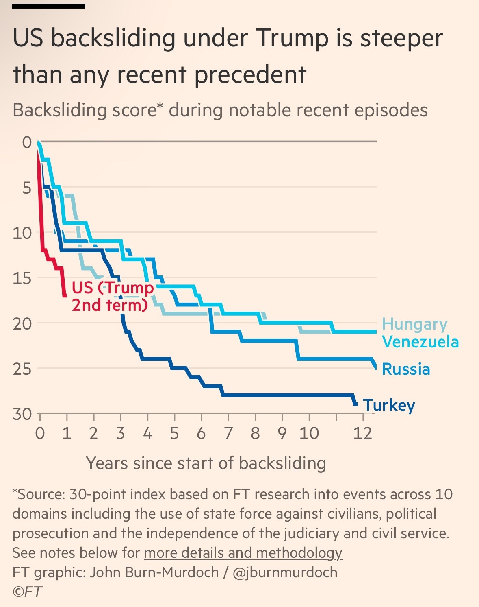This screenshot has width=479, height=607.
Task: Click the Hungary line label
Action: [414, 324]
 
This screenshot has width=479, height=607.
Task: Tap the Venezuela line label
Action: [420, 342]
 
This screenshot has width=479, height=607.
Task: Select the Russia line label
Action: [406, 369]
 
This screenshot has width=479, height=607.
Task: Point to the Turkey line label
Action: [389, 405]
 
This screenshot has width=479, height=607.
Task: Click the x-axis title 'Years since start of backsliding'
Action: [206, 463]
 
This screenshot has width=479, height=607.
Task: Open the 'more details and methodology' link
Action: [243, 553]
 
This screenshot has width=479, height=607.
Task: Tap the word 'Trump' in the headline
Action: [293, 39]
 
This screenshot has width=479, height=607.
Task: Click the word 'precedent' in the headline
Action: [250, 75]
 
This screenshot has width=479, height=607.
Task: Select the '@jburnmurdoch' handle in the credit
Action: [285, 572]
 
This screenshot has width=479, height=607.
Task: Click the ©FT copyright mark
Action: [27, 592]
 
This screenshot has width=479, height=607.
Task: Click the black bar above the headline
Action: [49, 6]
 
